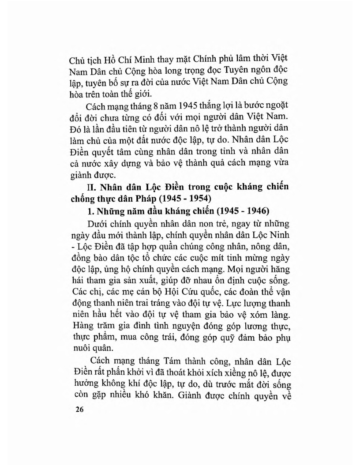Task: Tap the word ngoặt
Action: (279, 118)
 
